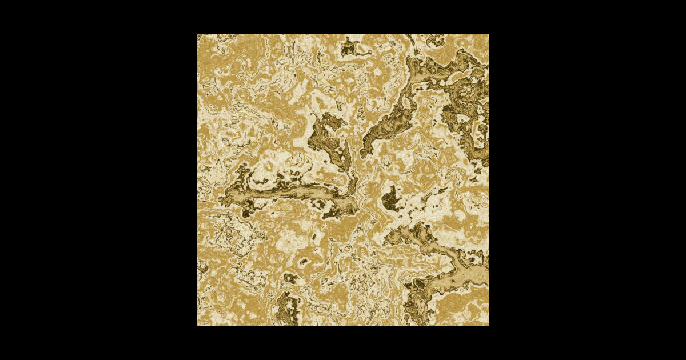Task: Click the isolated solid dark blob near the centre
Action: pyautogui.click(x=392, y=199)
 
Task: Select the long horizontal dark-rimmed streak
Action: pyautogui.click(x=292, y=195)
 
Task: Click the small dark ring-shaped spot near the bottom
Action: pyautogui.click(x=290, y=278)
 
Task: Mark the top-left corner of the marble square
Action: pyautogui.click(x=197, y=34)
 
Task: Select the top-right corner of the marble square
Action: pyautogui.click(x=489, y=34)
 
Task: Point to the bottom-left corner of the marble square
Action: pyautogui.click(x=197, y=326)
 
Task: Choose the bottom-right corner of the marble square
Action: pyautogui.click(x=489, y=326)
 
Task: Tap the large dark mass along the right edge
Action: pyautogui.click(x=472, y=114)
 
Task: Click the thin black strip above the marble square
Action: pyautogui.click(x=343, y=17)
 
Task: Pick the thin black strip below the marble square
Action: pyautogui.click(x=343, y=343)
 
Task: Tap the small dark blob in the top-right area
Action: pyautogui.click(x=436, y=40)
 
